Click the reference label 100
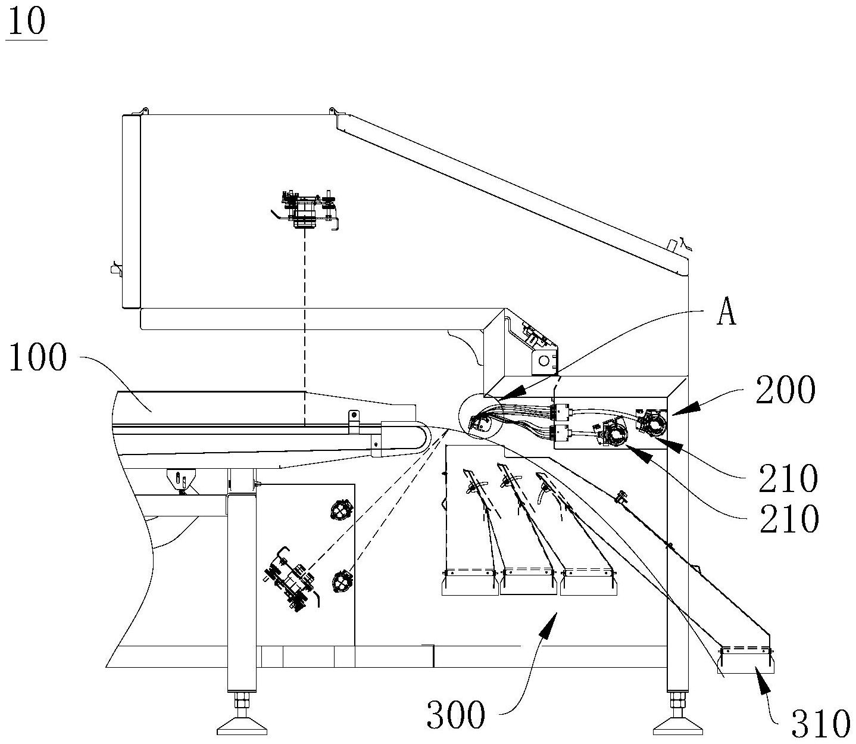tap(38, 357)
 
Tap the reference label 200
tap(786, 390)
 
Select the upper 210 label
tap(788, 478)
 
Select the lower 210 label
tap(789, 519)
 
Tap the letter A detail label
tap(726, 312)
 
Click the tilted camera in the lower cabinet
tap(292, 579)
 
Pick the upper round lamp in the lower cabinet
tap(342, 510)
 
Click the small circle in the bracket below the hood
tap(544, 360)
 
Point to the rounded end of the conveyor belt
tap(423, 437)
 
